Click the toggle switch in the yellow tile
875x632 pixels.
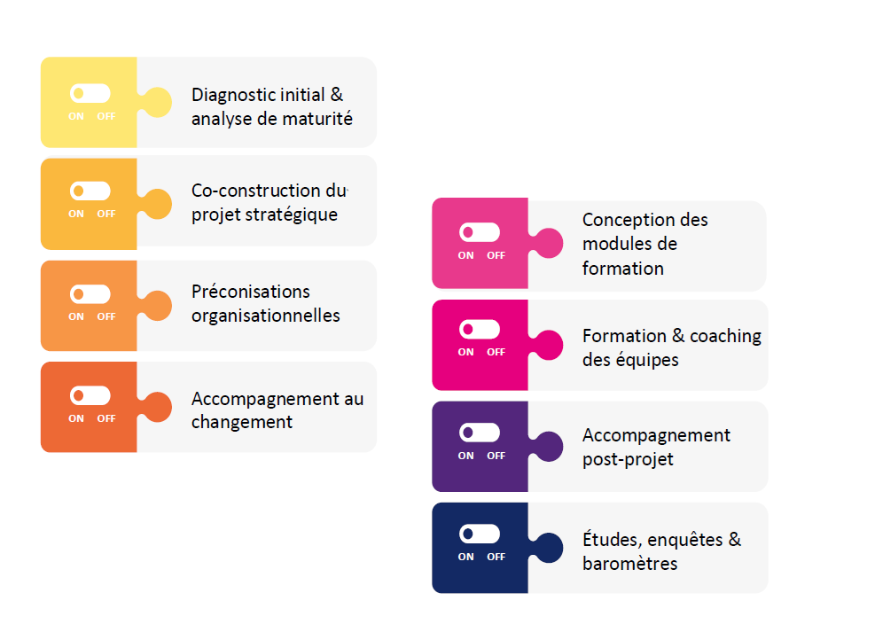click(90, 93)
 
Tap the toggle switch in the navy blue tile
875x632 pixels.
click(480, 534)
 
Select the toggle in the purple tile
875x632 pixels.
click(480, 433)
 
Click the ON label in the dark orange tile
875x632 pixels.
click(76, 418)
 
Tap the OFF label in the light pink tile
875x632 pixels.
click(496, 255)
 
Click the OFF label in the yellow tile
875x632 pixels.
click(106, 116)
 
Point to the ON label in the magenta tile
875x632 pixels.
click(466, 352)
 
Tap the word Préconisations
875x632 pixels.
click(251, 292)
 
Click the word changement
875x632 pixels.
click(242, 422)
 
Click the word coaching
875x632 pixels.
click(725, 336)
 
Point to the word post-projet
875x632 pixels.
click(628, 459)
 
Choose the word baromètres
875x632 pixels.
click(629, 564)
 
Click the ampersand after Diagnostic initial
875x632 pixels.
click(337, 95)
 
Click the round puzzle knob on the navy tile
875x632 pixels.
click(550, 548)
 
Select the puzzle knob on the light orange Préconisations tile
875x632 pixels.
click(158, 306)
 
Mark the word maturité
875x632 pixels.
click(319, 119)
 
